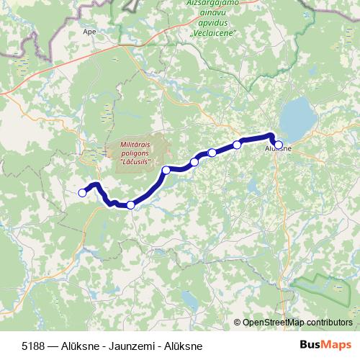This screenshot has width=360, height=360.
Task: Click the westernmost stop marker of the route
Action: (x=82, y=192)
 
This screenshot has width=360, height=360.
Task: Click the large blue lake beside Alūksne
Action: (x=297, y=117)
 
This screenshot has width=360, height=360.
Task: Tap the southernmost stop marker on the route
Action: (x=130, y=205)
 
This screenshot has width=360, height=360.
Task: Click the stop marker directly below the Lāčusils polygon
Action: (x=166, y=170)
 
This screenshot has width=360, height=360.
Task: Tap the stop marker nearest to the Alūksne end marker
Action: (x=237, y=145)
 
